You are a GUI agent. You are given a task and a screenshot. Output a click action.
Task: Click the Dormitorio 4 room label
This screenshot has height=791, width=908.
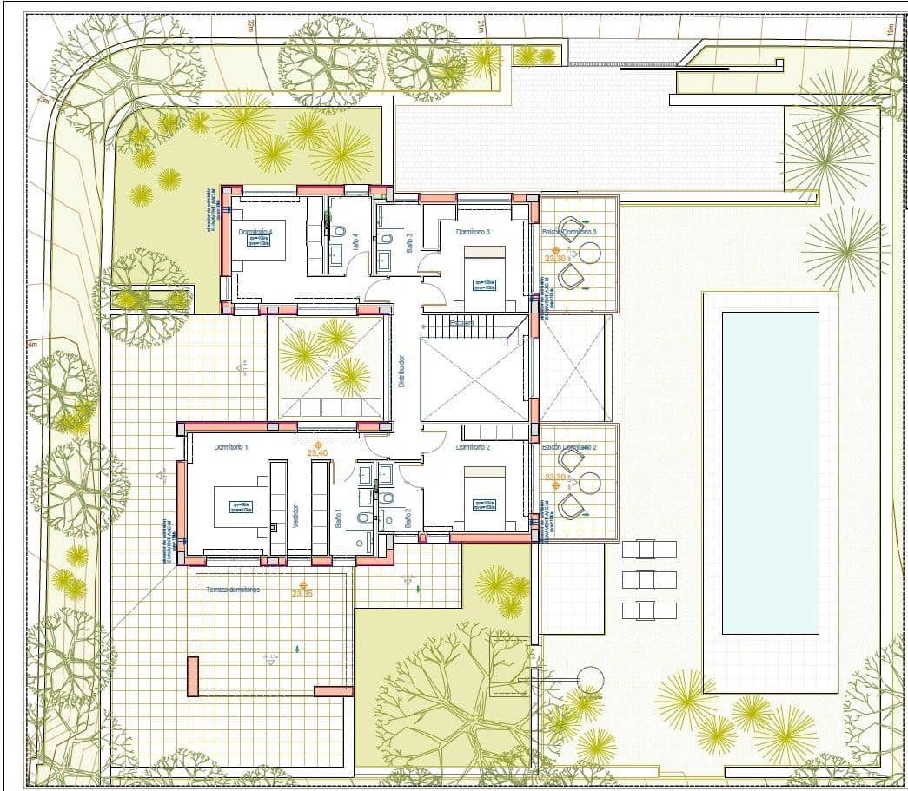tap(255, 232)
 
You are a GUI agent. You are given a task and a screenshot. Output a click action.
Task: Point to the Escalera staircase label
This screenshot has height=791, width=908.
tap(462, 323)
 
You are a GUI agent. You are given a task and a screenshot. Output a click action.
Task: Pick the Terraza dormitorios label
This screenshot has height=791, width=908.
tap(234, 590)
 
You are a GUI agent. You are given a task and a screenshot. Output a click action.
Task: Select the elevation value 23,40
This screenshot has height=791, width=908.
tap(317, 452)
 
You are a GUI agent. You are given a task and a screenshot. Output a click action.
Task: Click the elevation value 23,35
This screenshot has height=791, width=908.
tap(302, 594)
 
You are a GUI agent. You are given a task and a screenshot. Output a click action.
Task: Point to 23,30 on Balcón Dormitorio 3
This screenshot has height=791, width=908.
tap(555, 258)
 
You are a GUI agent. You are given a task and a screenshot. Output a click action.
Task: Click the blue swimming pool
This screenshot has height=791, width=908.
tap(770, 472)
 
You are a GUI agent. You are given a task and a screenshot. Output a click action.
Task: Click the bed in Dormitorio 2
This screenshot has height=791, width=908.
tap(484, 491)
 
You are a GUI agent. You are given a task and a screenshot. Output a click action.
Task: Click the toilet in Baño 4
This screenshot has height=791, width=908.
tap(340, 232)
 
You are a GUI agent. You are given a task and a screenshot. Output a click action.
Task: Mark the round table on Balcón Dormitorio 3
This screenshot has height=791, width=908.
tap(590, 253)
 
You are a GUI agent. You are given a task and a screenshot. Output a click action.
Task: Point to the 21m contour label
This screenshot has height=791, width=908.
tap(480, 28)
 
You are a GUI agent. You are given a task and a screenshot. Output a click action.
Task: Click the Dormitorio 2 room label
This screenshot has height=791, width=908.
tap(474, 447)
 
